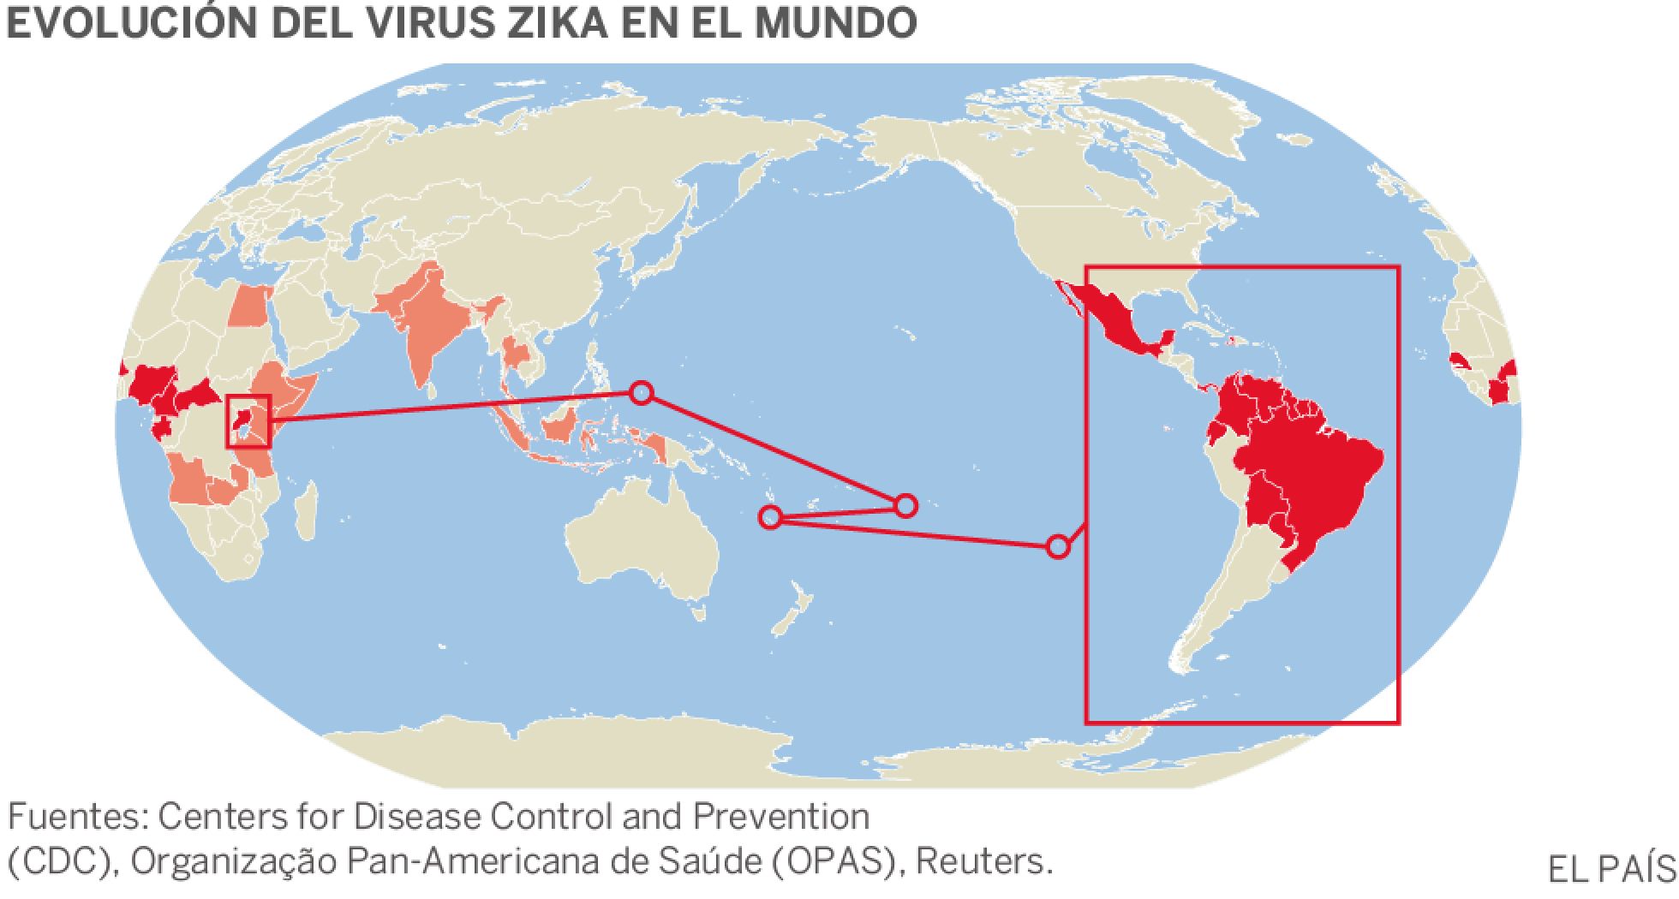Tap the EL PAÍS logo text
[1610, 870]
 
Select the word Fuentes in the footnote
[76, 817]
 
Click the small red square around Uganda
[248, 421]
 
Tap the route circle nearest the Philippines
[641, 393]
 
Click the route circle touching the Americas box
[1058, 546]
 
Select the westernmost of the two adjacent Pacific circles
[770, 516]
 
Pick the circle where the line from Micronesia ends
[905, 505]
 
